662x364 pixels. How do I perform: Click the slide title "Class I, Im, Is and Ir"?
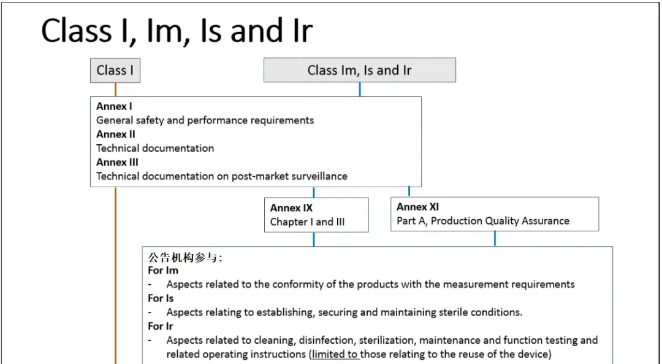[x=177, y=31]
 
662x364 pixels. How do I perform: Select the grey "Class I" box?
[x=115, y=70]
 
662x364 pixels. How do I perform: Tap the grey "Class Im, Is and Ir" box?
[x=360, y=70]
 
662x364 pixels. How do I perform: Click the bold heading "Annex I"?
[x=114, y=106]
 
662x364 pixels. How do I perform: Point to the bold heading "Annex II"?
[x=116, y=134]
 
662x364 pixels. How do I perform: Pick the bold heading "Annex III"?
[x=117, y=162]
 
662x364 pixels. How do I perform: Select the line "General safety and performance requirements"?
[x=205, y=120]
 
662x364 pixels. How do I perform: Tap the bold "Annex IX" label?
[x=291, y=208]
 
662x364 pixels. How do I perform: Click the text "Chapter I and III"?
[x=307, y=222]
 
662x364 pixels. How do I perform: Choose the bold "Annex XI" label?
[x=417, y=207]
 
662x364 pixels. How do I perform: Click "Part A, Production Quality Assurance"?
[x=483, y=221]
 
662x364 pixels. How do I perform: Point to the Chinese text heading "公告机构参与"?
[x=184, y=257]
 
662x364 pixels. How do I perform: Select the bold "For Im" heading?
[x=163, y=270]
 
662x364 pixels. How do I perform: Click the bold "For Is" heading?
[x=161, y=298]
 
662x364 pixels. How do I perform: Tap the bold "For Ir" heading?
[x=161, y=326]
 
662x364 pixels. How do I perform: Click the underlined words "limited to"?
[x=335, y=354]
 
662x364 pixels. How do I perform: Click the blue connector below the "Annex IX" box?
[x=314, y=239]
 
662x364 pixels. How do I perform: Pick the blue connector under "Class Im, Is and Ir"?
[x=360, y=89]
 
